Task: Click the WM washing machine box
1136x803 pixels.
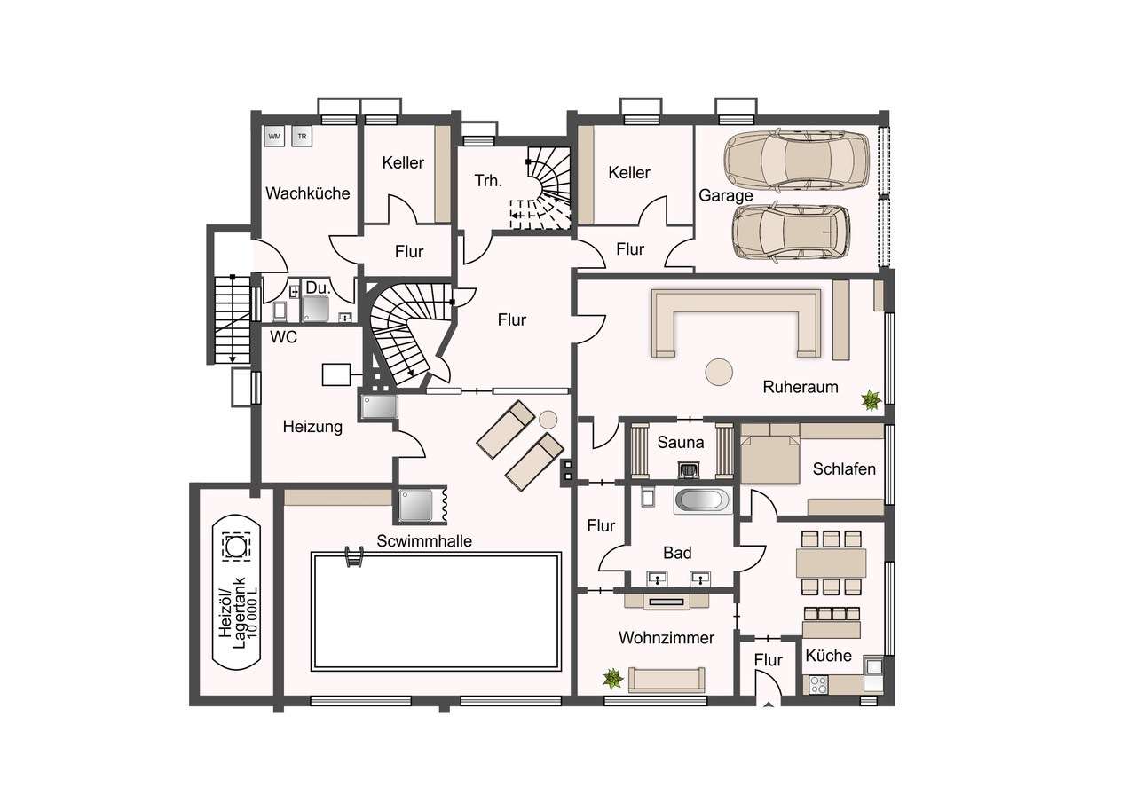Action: (274, 136)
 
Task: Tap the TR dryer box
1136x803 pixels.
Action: (302, 136)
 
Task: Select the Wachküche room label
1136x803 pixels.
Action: (308, 193)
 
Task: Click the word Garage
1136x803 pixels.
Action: (726, 196)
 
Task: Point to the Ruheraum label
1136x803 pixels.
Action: (801, 388)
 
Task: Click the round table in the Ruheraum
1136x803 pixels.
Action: (719, 372)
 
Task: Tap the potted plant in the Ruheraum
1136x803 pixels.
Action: (871, 400)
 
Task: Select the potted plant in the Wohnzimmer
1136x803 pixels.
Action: (612, 679)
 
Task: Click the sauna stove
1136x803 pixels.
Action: (688, 470)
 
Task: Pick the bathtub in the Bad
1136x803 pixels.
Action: (703, 500)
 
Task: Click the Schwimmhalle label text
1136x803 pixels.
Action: (424, 541)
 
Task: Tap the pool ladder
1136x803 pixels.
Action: (354, 556)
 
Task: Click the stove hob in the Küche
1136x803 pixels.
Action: (818, 685)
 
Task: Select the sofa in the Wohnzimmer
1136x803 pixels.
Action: (667, 680)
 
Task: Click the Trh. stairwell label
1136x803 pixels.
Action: (488, 181)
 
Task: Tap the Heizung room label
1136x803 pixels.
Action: (312, 427)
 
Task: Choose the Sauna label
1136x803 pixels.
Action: (681, 443)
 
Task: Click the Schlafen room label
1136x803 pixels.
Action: (844, 469)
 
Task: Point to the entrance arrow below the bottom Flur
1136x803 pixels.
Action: (769, 705)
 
